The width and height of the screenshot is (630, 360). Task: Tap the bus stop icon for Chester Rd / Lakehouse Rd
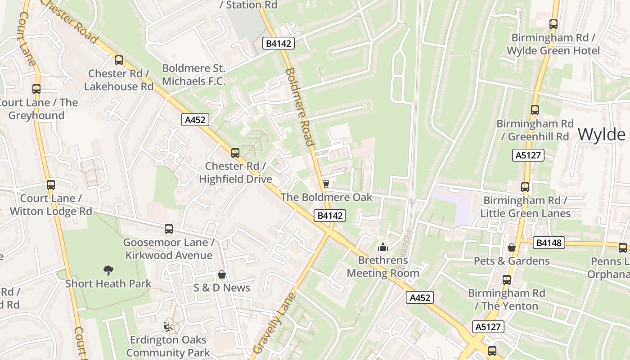[x=119, y=60]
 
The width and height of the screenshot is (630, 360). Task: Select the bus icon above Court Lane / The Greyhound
[x=36, y=89]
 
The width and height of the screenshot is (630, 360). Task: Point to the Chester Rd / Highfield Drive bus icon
[x=235, y=153]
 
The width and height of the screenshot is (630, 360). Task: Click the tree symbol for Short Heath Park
[x=108, y=270]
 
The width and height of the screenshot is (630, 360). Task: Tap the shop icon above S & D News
[x=221, y=274]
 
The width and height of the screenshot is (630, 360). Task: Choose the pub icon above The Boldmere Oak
[x=326, y=184]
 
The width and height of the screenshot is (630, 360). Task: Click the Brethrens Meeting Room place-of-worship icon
[x=383, y=247]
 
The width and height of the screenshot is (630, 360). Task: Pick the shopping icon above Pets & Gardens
[x=512, y=247]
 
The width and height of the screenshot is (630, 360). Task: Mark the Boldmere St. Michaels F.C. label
[x=193, y=75]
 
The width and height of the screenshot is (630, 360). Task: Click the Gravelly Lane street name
[x=274, y=323]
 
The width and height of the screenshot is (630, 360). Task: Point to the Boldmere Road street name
[x=299, y=107]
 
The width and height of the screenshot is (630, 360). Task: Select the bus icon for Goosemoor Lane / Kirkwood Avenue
[x=169, y=229]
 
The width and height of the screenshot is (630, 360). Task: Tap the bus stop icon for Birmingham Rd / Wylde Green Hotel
[x=553, y=24]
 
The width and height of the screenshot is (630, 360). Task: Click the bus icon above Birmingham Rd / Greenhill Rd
[x=535, y=110]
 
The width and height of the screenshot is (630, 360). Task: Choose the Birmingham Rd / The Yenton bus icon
[x=507, y=280]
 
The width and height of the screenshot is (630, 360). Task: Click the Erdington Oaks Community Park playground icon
[x=168, y=326]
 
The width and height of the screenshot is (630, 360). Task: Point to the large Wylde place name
[x=601, y=134]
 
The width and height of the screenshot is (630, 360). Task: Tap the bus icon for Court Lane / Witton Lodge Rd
[x=51, y=185]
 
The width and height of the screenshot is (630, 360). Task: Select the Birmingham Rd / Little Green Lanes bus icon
[x=525, y=187]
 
